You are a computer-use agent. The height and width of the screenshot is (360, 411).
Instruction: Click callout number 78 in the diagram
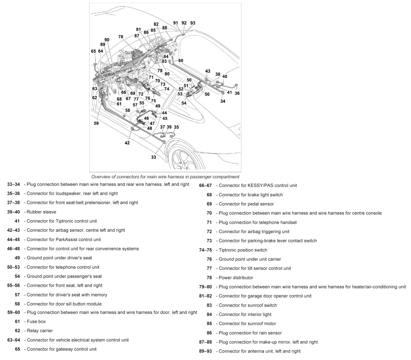pyautogui.click(x=121, y=36)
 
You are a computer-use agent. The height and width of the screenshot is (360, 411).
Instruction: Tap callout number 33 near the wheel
pyautogui.click(x=153, y=157)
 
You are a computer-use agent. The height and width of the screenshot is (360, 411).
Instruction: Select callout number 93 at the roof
pyautogui.click(x=192, y=23)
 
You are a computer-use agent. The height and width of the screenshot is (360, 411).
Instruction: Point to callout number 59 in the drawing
pyautogui.click(x=96, y=123)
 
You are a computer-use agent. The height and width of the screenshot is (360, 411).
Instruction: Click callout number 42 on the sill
pyautogui.click(x=127, y=143)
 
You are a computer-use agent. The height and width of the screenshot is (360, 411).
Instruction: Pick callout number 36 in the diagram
pyautogui.click(x=237, y=93)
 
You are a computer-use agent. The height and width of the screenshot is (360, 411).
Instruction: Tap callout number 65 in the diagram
pyautogui.click(x=93, y=51)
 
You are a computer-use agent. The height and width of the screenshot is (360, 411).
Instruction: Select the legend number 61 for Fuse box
pyautogui.click(x=17, y=322)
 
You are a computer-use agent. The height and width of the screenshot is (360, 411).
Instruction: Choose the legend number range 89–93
pyautogui.click(x=205, y=351)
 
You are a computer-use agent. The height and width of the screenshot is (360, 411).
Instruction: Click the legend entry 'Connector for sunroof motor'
pyautogui.click(x=247, y=324)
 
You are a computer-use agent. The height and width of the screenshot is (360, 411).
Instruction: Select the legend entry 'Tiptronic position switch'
pyautogui.click(x=243, y=250)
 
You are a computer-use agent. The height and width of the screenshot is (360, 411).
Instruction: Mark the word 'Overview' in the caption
pyautogui.click(x=101, y=177)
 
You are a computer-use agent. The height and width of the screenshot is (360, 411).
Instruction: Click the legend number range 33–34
pyautogui.click(x=13, y=184)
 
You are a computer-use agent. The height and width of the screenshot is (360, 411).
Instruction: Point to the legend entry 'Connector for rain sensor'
pyautogui.click(x=250, y=333)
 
